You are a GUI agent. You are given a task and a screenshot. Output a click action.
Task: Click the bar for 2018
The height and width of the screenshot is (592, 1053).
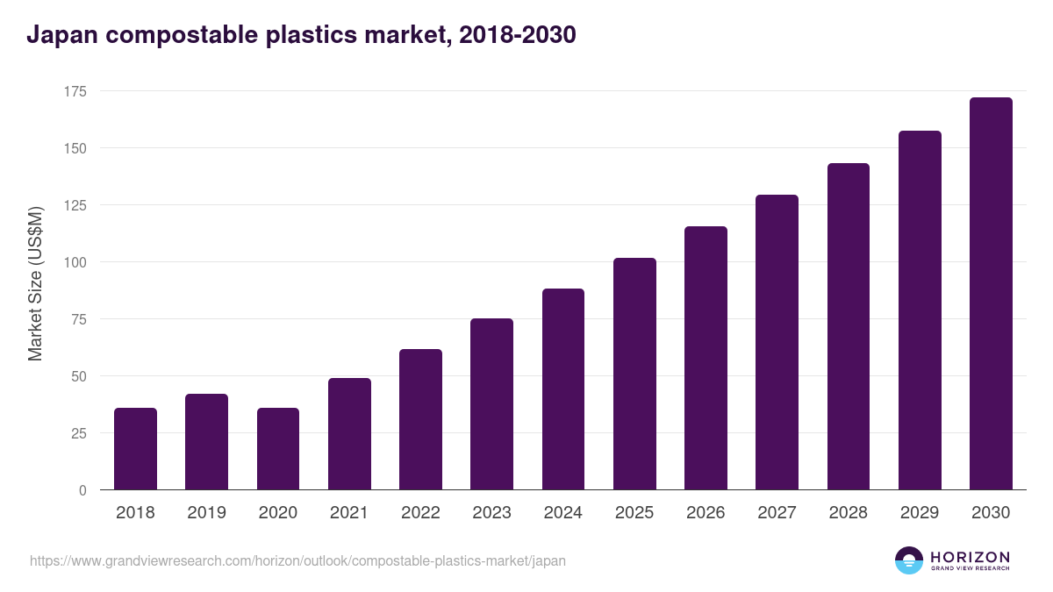click(135, 449)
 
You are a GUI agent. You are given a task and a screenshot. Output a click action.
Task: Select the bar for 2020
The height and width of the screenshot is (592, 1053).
click(278, 449)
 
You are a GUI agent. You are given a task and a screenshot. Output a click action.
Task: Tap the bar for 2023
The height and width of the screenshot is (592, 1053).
click(491, 404)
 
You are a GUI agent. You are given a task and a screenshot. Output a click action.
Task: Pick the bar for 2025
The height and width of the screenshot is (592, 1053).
click(634, 374)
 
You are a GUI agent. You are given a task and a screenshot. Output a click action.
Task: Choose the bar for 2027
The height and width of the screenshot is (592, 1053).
click(777, 343)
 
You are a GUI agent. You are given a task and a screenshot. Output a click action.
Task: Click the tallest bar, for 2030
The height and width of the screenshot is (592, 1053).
click(991, 294)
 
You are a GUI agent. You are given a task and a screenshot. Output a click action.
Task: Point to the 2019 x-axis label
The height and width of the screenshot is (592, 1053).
click(206, 513)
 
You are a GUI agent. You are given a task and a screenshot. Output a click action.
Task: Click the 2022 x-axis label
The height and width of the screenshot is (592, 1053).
click(420, 513)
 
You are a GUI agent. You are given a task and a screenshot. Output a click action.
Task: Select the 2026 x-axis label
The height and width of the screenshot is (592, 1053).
click(706, 513)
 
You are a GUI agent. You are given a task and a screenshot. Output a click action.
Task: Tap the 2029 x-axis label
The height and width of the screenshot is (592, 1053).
click(920, 513)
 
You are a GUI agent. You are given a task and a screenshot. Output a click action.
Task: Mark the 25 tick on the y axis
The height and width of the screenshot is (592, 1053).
click(78, 433)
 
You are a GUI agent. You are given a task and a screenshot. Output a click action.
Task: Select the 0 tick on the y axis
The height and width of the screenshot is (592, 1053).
click(82, 490)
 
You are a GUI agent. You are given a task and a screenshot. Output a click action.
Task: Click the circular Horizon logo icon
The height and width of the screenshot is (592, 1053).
click(909, 560)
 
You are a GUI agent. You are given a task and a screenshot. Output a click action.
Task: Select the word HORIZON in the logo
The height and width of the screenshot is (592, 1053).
click(970, 556)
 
